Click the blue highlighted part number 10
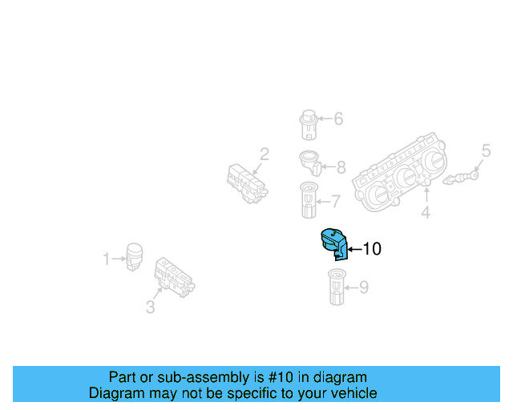[x=333, y=243]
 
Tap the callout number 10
[x=371, y=249]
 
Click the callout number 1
[x=106, y=259]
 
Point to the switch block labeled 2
[x=246, y=183]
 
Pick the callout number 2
[x=264, y=154]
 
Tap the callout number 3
[x=150, y=307]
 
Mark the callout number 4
[x=426, y=213]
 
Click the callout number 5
[x=485, y=150]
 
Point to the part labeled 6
[x=308, y=123]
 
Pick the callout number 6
[x=337, y=119]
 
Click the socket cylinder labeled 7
[x=309, y=199]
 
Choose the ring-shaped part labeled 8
[x=310, y=163]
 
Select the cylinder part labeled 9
[x=336, y=288]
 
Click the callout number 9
[x=363, y=286]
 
